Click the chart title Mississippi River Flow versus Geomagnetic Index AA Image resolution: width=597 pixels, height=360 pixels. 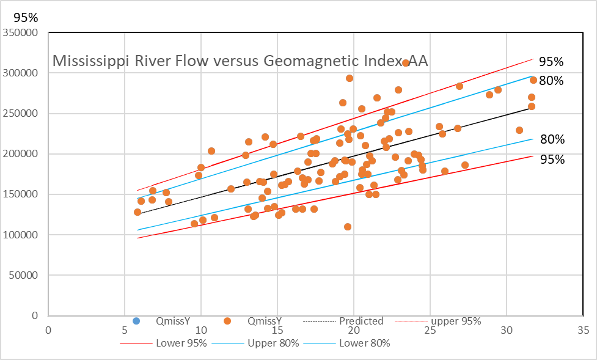click(x=240, y=61)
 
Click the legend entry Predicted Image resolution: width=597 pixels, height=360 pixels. click(x=361, y=321)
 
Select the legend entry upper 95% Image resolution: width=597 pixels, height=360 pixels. click(x=456, y=321)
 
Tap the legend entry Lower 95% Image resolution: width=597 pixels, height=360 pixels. click(x=181, y=343)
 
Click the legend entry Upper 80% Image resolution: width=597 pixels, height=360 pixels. click(x=273, y=343)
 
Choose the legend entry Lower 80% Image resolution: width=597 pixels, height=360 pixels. click(x=364, y=343)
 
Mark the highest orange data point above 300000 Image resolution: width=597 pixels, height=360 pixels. click(x=405, y=63)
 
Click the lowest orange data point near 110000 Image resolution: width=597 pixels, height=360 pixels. click(x=348, y=227)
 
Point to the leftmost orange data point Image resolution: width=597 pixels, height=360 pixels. click(x=137, y=212)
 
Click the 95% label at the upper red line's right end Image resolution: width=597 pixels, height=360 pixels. click(x=551, y=62)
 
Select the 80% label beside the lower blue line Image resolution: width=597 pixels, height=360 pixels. click(x=552, y=139)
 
